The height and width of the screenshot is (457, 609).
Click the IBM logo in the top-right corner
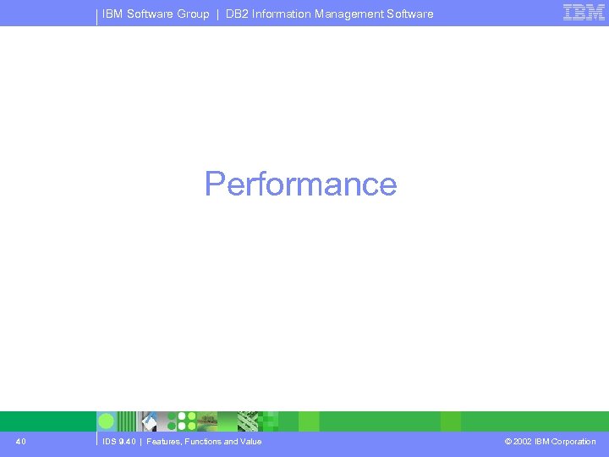point(584,13)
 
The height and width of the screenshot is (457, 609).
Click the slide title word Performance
point(300,184)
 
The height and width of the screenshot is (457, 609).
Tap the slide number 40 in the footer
point(20,441)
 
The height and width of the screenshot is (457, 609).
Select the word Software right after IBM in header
point(149,14)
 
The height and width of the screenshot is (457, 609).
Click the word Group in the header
point(193,14)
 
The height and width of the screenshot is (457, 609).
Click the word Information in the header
point(283,14)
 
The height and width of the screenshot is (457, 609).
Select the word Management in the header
point(354,14)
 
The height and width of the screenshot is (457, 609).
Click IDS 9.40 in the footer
point(118,441)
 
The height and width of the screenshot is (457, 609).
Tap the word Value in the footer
point(250,441)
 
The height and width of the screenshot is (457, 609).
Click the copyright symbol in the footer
point(508,441)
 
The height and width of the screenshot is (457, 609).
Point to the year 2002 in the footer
point(523,441)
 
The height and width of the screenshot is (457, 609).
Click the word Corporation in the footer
point(573,441)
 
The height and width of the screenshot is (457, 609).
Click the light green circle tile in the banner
point(107,421)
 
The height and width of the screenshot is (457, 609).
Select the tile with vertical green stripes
point(127,421)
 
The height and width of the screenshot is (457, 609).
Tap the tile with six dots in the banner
point(186,421)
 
